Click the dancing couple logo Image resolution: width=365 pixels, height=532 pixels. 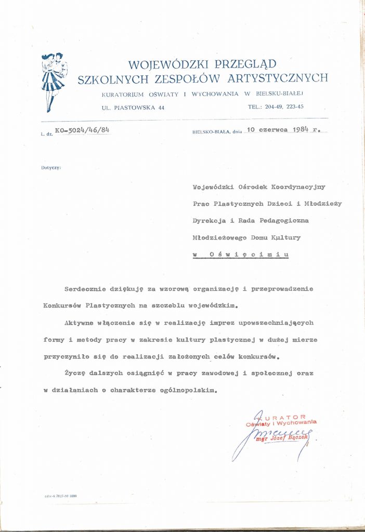pos(53,81)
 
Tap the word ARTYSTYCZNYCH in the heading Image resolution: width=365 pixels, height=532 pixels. pos(276,78)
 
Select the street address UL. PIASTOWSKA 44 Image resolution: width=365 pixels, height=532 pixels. pos(134,107)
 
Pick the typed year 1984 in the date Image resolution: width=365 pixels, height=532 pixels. pos(301,131)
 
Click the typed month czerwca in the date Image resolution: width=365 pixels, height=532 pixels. pos(272,131)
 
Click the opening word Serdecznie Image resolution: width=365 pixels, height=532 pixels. pos(85,288)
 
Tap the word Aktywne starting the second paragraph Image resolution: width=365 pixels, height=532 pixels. pos(80,323)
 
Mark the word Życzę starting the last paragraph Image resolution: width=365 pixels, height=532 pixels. pos(75,374)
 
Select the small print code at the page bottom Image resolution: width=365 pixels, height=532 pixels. pos(60,496)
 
